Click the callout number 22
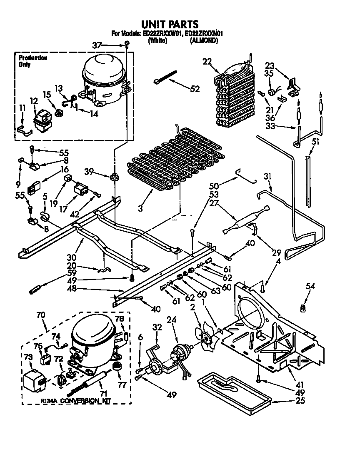click(207, 62)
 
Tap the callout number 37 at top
click(97, 45)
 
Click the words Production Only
click(32, 61)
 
